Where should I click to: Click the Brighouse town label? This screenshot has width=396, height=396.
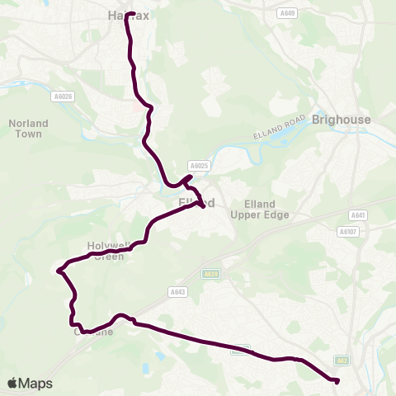click(342, 120)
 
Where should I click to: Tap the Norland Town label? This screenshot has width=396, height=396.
click(29, 129)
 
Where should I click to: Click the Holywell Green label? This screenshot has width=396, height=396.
click(106, 251)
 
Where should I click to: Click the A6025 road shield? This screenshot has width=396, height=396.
click(199, 165)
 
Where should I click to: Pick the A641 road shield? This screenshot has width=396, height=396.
click(356, 215)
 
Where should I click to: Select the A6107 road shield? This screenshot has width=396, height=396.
click(347, 232)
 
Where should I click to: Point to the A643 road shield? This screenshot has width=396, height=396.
click(177, 291)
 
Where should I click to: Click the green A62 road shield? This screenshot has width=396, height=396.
click(341, 361)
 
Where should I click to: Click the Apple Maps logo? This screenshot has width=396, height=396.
click(30, 383)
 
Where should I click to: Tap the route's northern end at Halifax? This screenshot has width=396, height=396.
click(127, 14)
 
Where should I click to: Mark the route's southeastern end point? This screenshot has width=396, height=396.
click(337, 380)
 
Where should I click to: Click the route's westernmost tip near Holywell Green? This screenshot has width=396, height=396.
click(58, 270)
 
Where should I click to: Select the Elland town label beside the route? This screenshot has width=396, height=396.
click(197, 202)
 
